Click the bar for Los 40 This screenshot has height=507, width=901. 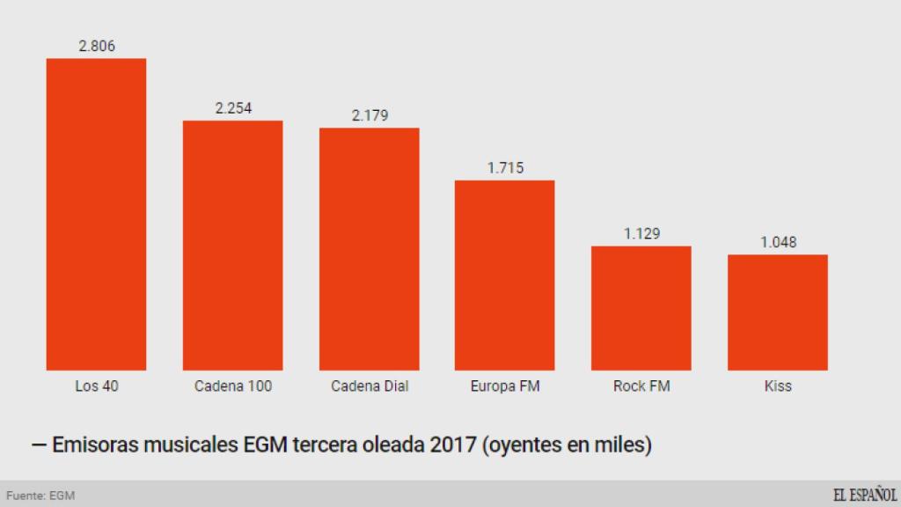(x=96, y=214)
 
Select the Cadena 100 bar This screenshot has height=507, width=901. (x=232, y=245)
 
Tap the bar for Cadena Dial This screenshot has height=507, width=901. (x=369, y=249)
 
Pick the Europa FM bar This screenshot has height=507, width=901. (x=504, y=275)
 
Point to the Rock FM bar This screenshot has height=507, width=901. (x=641, y=308)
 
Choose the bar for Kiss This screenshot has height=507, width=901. (x=777, y=312)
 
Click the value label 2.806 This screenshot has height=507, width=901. (x=97, y=47)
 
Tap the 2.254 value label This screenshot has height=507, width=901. (x=233, y=108)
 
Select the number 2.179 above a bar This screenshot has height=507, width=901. (x=370, y=115)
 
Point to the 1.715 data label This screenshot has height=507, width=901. (x=505, y=167)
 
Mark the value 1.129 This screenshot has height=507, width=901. (x=641, y=233)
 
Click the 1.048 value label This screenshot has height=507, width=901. (x=778, y=242)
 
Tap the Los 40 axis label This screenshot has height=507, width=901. (x=96, y=386)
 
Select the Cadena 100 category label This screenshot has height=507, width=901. (x=232, y=386)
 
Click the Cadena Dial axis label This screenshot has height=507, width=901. (x=370, y=386)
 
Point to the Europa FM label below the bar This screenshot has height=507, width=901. (x=505, y=386)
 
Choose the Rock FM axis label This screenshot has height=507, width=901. (x=641, y=386)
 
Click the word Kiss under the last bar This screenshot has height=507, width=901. (x=778, y=386)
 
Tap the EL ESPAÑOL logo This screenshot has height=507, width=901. (x=865, y=495)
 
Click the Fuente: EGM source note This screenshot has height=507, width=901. (x=40, y=496)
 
